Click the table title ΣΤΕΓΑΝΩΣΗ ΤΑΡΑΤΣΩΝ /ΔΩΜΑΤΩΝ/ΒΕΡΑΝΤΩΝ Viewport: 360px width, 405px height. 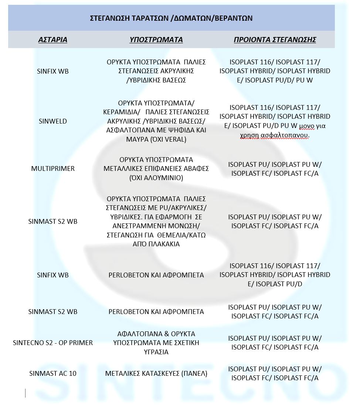pyautogui.click(x=171, y=18)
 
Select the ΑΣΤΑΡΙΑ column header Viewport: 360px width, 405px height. pyautogui.click(x=53, y=40)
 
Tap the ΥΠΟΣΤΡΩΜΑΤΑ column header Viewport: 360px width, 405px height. pyautogui.click(x=156, y=40)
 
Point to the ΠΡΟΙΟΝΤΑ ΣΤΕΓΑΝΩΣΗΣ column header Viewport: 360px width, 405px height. pyautogui.click(x=275, y=40)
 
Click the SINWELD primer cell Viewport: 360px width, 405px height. pyautogui.click(x=53, y=121)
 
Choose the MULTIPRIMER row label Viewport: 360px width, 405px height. pyautogui.click(x=53, y=169)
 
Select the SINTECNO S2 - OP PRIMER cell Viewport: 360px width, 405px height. pyautogui.click(x=53, y=342)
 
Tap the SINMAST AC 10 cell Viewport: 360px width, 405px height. pyautogui.click(x=53, y=373)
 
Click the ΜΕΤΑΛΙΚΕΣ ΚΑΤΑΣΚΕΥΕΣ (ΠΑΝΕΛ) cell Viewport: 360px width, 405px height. pyautogui.click(x=156, y=373)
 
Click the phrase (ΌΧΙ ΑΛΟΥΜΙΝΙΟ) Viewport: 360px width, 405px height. pyautogui.click(x=156, y=178)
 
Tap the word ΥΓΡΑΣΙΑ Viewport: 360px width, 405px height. pyautogui.click(x=156, y=352)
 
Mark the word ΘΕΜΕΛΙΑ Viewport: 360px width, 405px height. pyautogui.click(x=171, y=235)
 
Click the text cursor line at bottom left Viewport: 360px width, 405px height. pyautogui.click(x=26, y=393)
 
